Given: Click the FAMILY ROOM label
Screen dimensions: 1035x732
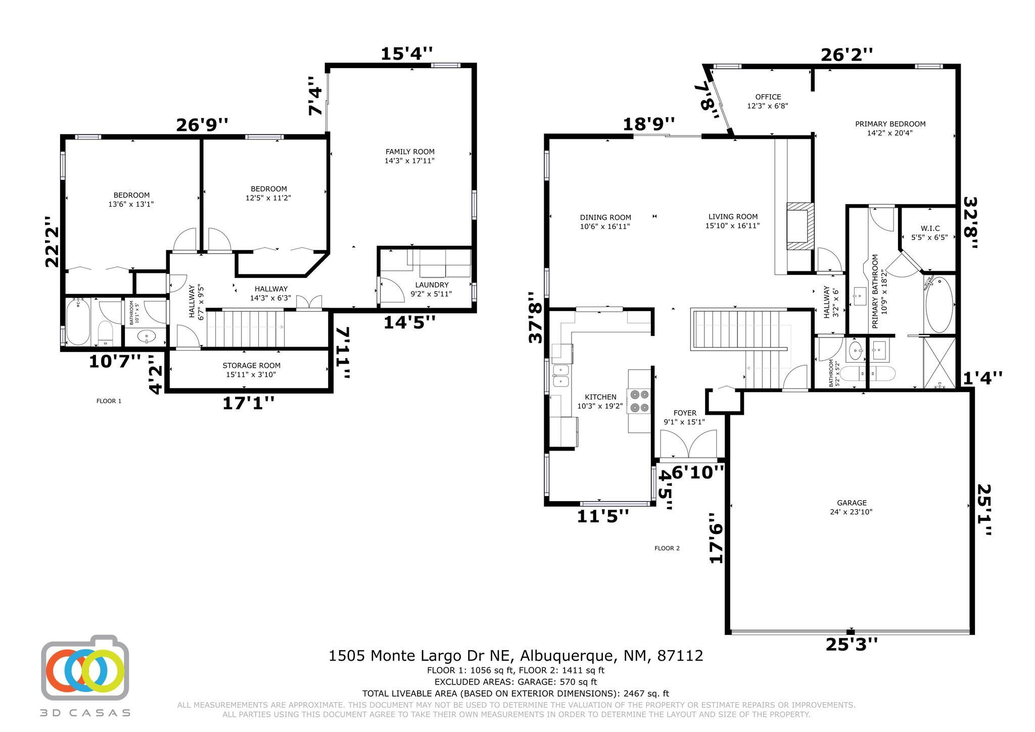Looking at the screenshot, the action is [410, 152].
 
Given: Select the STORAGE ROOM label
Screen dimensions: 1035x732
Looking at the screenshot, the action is [251, 366].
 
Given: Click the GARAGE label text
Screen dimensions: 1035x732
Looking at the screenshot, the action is [852, 503].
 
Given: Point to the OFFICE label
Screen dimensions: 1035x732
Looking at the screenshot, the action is [768, 97].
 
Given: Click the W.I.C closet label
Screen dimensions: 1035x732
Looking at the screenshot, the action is [929, 228].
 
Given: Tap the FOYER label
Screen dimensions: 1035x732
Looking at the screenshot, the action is [685, 413].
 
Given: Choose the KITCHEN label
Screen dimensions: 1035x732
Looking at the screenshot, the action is [600, 397].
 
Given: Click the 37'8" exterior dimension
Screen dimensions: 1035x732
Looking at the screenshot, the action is [536, 317].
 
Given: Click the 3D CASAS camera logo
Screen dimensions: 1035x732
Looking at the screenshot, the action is [85, 667].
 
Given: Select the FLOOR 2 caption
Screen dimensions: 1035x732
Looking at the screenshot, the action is [667, 548].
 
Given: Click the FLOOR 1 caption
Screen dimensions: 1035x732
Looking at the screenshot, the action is [109, 401].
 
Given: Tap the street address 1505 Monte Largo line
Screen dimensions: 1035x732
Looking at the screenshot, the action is [516, 656].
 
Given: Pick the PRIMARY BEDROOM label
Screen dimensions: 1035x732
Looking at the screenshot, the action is [890, 124].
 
